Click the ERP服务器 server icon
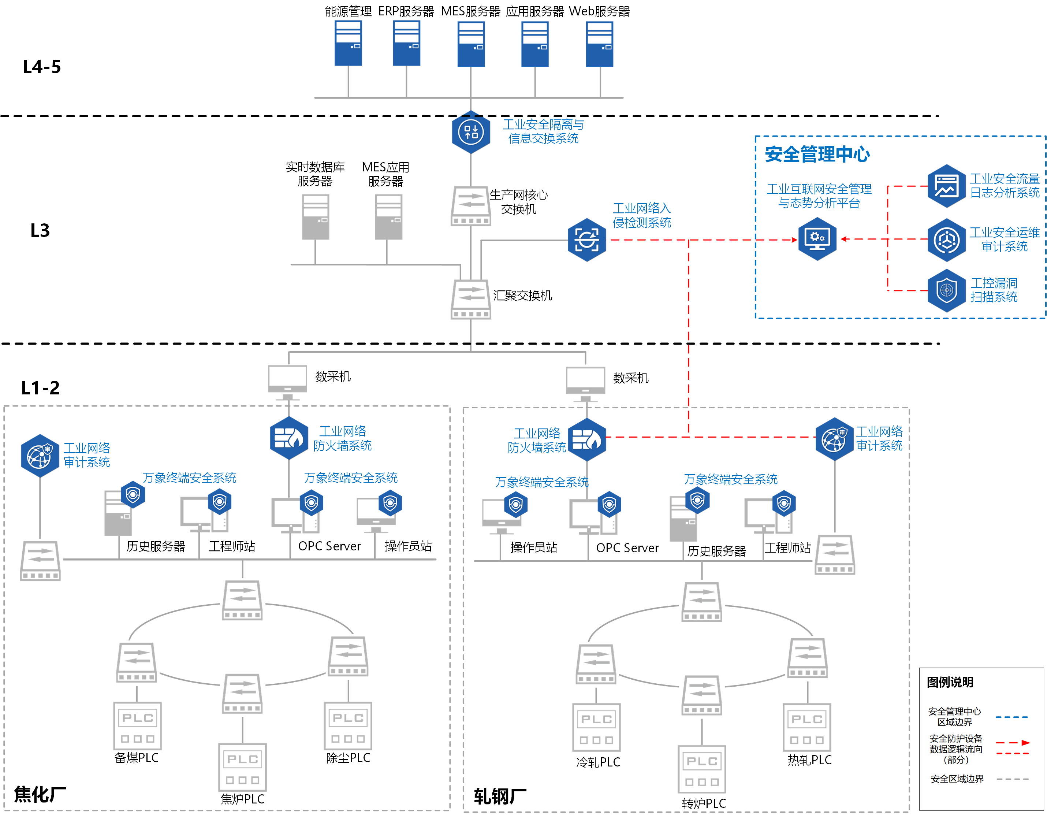(x=406, y=43)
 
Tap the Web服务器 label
(x=599, y=11)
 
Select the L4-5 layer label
(x=42, y=67)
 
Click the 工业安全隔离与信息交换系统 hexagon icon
(x=471, y=132)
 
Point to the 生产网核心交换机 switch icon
(x=471, y=206)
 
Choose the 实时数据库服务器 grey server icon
(x=316, y=217)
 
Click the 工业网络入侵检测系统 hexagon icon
(x=587, y=240)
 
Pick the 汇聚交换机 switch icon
(x=471, y=299)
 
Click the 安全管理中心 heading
(x=817, y=155)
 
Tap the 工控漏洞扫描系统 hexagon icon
(x=946, y=290)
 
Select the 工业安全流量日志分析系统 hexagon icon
(x=946, y=186)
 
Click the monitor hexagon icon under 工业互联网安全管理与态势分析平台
(x=817, y=239)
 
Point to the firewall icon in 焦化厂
(x=288, y=438)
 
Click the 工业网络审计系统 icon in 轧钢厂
(x=835, y=439)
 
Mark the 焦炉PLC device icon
(x=243, y=767)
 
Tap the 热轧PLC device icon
(x=807, y=727)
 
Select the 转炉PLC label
(x=704, y=803)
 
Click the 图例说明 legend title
(x=950, y=682)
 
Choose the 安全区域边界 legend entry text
(x=957, y=779)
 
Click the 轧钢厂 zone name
(x=500, y=796)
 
